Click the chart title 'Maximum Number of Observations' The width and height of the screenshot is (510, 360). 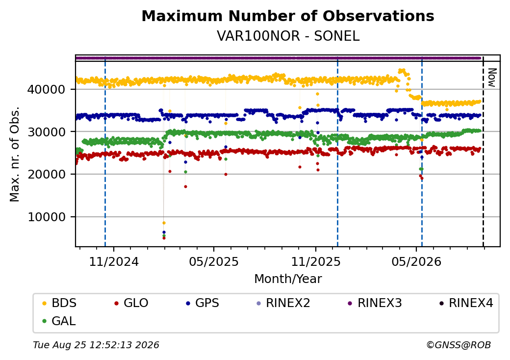288,16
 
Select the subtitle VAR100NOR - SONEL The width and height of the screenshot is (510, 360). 288,36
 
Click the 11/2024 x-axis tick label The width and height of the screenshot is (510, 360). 114,262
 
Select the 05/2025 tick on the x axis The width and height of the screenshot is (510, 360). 214,262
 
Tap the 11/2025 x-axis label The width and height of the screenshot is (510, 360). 315,262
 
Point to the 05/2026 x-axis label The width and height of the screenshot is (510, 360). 416,262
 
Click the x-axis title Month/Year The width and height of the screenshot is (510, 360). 288,279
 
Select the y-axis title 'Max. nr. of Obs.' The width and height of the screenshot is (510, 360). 15,154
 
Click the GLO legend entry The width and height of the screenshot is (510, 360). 131,303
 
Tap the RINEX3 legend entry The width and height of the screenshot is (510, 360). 375,303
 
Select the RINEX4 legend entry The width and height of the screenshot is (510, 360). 466,303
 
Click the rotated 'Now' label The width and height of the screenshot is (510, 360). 492,77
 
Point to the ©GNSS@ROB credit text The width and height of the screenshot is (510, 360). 459,345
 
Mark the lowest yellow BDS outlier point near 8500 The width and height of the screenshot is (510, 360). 164,223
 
